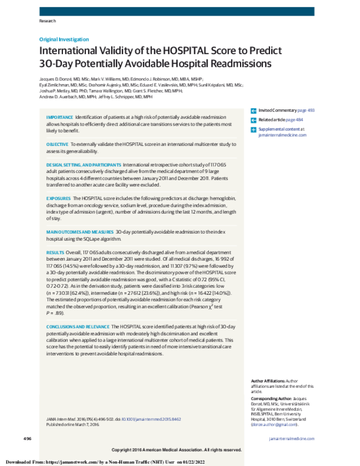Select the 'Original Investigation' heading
(x=64, y=39)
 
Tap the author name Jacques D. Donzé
(x=60, y=79)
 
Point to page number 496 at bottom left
(x=28, y=440)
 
